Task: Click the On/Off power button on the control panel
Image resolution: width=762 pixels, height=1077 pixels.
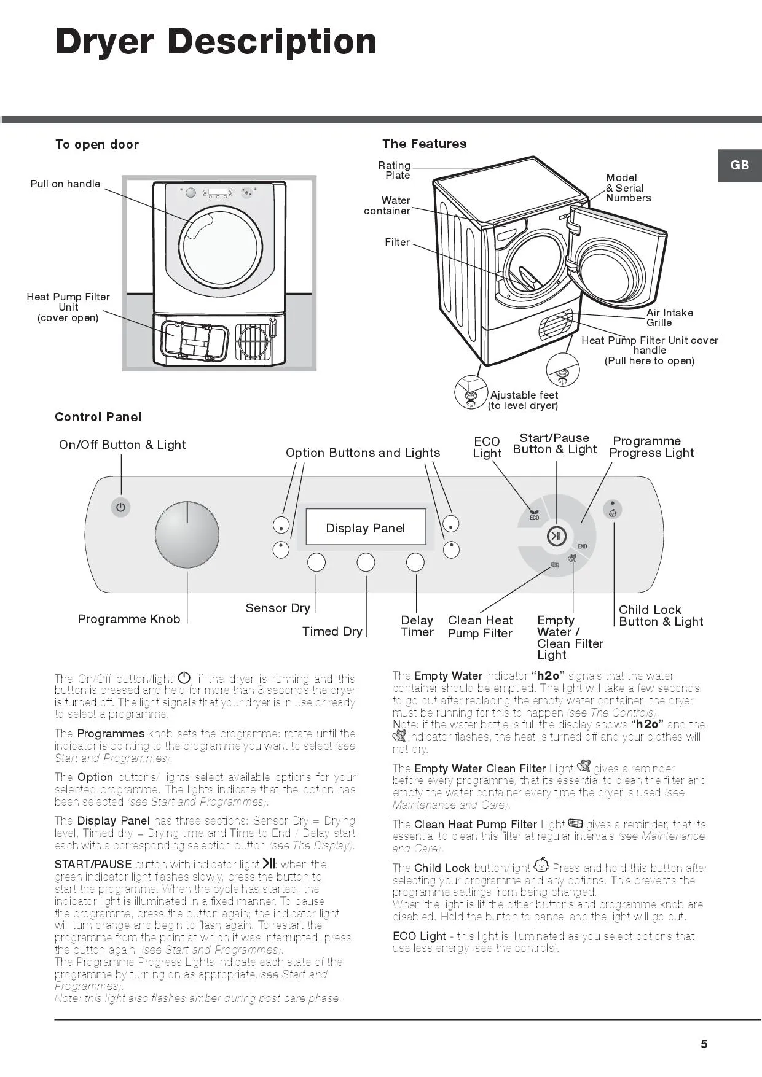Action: tap(120, 507)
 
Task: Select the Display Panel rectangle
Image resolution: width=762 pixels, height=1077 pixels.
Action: tap(366, 527)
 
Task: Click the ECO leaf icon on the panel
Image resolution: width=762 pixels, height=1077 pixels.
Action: tap(533, 513)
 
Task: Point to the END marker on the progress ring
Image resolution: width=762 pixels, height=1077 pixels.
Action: tap(582, 546)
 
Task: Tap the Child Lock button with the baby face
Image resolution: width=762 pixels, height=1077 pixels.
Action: tap(613, 510)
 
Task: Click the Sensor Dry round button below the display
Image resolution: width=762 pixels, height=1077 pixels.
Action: tap(316, 562)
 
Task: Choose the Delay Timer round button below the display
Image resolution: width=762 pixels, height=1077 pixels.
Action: tap(415, 562)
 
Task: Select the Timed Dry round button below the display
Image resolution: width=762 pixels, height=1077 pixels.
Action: tap(366, 562)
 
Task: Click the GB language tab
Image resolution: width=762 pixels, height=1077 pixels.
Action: tap(739, 165)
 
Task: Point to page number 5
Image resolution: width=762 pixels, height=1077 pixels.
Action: tap(704, 1044)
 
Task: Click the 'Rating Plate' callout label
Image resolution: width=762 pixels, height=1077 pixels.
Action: tap(395, 170)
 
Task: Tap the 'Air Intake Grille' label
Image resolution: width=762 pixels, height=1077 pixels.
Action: tap(669, 317)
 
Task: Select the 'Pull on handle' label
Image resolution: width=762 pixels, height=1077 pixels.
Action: tap(65, 184)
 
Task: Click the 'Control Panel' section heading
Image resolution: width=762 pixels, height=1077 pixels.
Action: tap(98, 417)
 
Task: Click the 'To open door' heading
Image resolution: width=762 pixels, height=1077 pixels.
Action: tap(97, 144)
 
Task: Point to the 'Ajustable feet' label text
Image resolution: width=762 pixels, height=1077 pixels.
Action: tap(524, 395)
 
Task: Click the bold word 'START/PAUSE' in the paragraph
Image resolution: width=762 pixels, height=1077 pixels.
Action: tap(93, 864)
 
